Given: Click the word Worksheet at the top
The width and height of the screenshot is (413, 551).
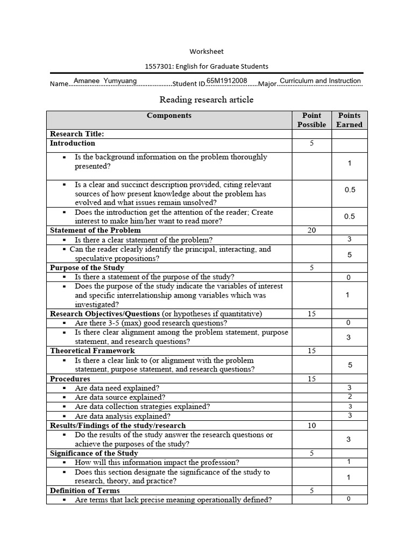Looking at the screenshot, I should [206, 52].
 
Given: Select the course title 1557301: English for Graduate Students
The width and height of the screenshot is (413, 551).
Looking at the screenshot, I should [206, 66].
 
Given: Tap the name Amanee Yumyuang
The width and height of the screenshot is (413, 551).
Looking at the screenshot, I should [105, 81].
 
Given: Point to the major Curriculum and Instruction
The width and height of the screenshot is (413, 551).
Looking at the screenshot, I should [320, 81].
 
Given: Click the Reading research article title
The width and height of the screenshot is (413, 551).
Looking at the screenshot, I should [206, 100].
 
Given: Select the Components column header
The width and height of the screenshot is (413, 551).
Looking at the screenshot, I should [169, 115].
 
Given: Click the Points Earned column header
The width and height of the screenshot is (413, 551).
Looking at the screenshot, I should [349, 120].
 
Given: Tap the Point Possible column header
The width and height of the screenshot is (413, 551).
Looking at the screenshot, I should [311, 120].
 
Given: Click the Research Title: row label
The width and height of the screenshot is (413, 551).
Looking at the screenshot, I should [77, 133].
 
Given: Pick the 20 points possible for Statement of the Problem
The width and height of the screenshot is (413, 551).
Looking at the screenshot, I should [311, 230].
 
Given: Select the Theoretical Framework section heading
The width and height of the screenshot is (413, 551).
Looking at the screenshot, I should [92, 351].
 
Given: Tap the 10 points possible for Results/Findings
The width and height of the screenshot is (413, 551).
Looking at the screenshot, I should [311, 426].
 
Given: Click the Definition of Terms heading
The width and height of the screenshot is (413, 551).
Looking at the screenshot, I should [85, 491].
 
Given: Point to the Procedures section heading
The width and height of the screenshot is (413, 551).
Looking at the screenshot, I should [70, 379].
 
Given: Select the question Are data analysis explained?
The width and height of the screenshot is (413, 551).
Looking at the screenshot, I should [123, 416].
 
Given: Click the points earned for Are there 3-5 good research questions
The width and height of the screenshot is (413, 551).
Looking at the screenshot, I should [348, 323].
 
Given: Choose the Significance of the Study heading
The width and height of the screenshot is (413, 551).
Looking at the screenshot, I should [94, 454].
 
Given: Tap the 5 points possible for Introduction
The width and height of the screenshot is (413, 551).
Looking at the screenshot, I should [311, 143].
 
